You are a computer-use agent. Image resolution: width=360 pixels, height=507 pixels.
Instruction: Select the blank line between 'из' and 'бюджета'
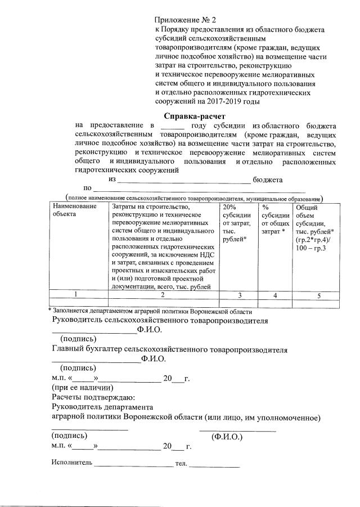tap(183, 180)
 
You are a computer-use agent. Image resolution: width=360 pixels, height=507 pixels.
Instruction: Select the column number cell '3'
tap(237, 294)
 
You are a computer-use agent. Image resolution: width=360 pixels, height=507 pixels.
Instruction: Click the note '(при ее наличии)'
tap(82, 388)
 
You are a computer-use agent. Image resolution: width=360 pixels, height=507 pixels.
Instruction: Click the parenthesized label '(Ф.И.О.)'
tap(227, 436)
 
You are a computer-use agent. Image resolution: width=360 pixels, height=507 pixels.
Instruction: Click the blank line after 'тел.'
tap(214, 466)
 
